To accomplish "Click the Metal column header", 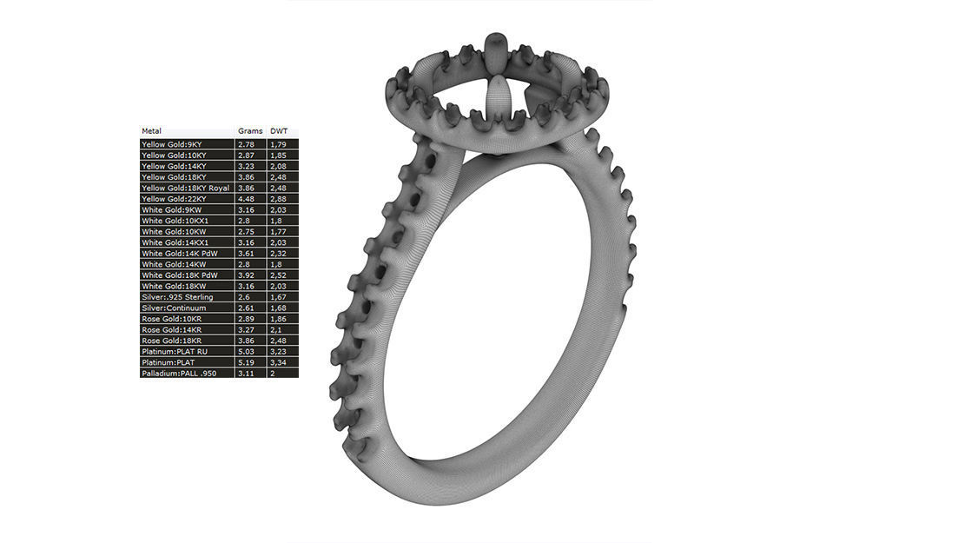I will pyautogui.click(x=151, y=131).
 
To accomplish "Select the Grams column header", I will pyautogui.click(x=250, y=131).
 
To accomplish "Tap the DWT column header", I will pyautogui.click(x=279, y=131).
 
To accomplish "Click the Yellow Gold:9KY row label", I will pyautogui.click(x=172, y=143).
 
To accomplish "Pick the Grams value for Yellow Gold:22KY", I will pyautogui.click(x=247, y=199).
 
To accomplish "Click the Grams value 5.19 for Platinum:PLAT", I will pyautogui.click(x=247, y=362).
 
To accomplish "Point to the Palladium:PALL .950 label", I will pyautogui.click(x=179, y=374).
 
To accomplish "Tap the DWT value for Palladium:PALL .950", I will pyautogui.click(x=273, y=374).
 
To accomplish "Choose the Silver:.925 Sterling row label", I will pyautogui.click(x=177, y=297).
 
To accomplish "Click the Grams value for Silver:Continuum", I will pyautogui.click(x=247, y=308).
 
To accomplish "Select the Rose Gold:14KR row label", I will pyautogui.click(x=172, y=330).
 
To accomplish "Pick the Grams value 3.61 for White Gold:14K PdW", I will pyautogui.click(x=247, y=254).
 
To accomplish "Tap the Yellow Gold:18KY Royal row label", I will pyautogui.click(x=185, y=188).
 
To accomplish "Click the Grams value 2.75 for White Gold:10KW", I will pyautogui.click(x=247, y=232).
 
